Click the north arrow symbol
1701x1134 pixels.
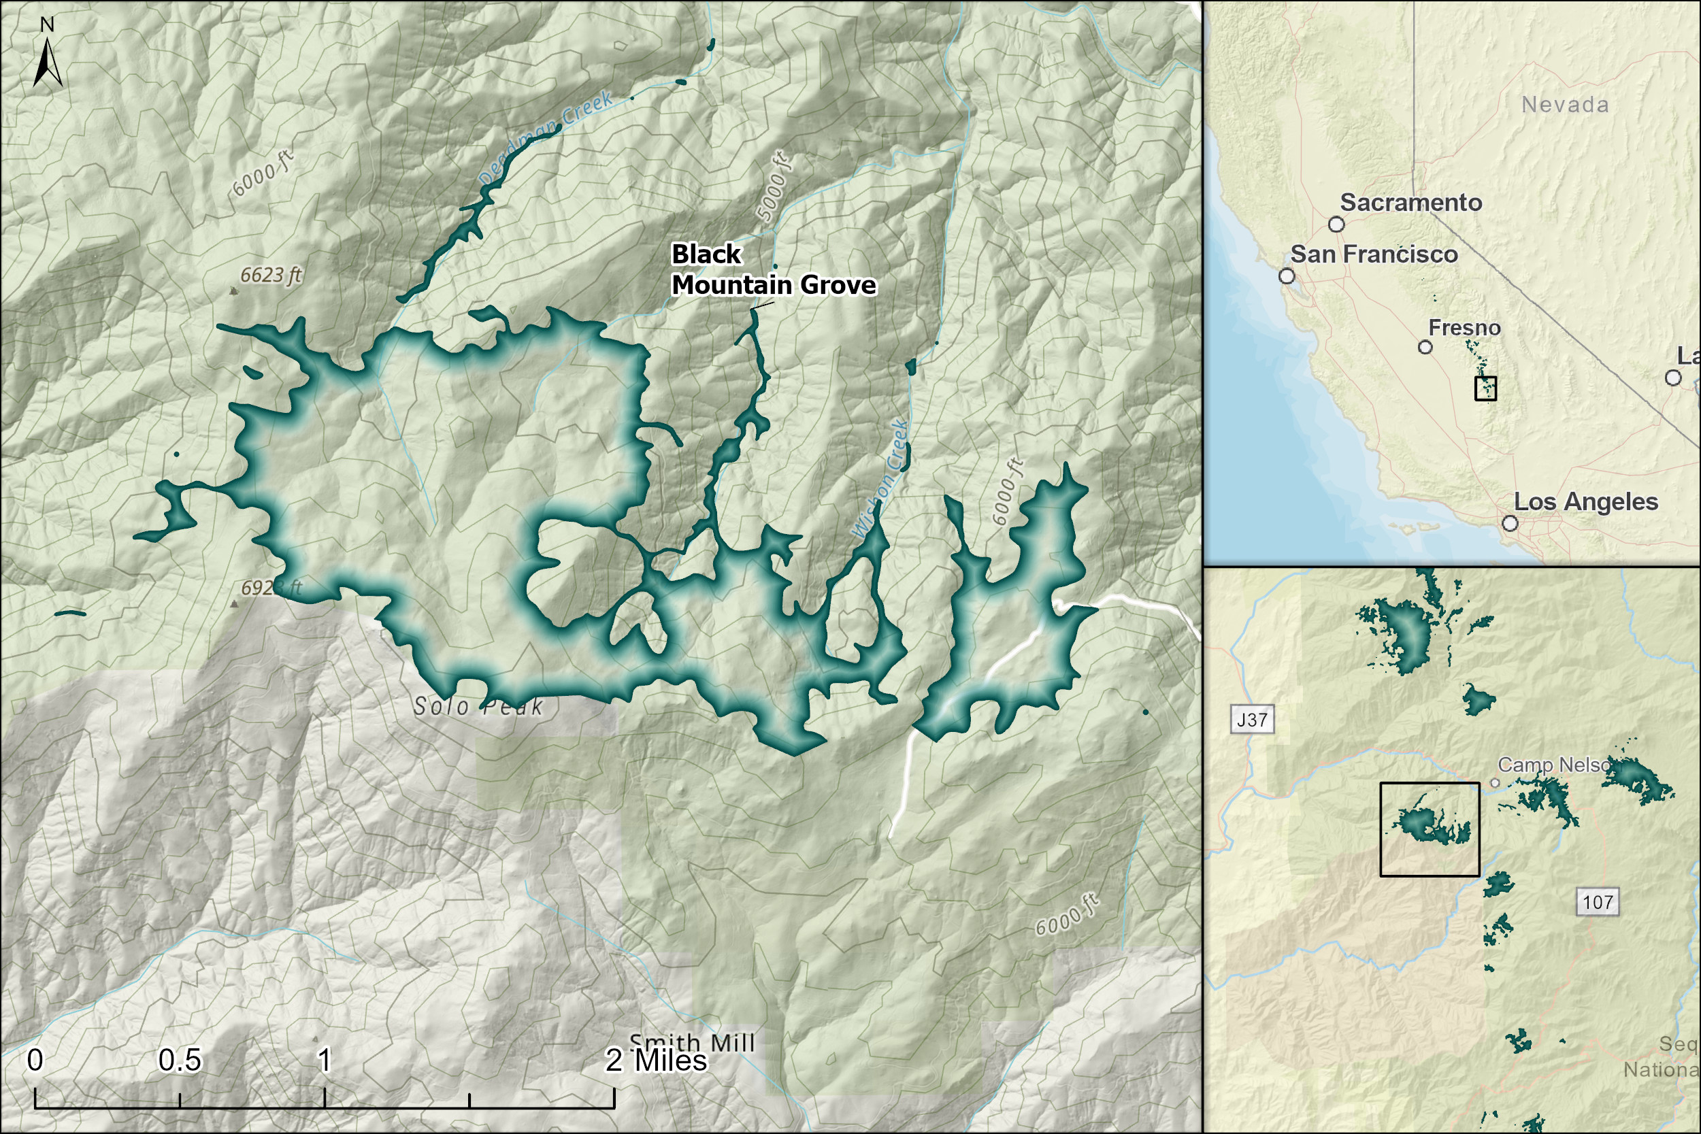tap(47, 61)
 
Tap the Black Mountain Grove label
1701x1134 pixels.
tap(772, 270)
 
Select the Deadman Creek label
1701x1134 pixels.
tap(546, 137)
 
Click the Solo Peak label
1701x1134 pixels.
tap(478, 707)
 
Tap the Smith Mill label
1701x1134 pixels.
tap(692, 1042)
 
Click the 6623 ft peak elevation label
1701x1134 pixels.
tap(271, 275)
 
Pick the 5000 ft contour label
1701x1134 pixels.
tap(772, 186)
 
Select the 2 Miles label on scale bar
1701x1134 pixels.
tap(656, 1061)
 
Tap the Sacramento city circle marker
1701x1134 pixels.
tap(1336, 224)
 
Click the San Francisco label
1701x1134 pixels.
tap(1373, 254)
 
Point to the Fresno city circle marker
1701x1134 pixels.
tap(1425, 347)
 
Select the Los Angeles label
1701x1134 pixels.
tap(1585, 502)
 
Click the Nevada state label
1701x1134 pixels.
tap(1565, 105)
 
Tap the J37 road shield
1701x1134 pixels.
tap(1252, 720)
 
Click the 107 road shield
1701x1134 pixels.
tap(1598, 902)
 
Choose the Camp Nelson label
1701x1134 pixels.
tap(1553, 765)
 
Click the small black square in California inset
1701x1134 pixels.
tap(1485, 388)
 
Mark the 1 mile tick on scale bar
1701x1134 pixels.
tap(325, 1099)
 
